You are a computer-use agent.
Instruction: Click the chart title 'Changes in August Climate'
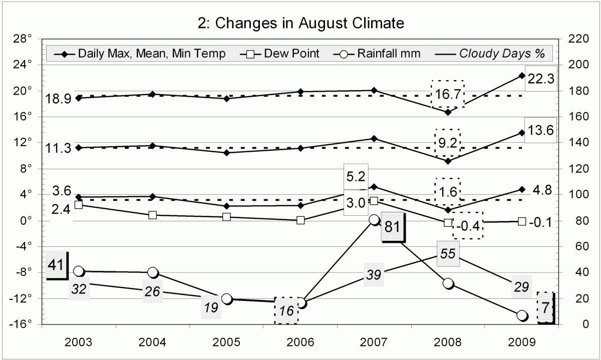click(300, 23)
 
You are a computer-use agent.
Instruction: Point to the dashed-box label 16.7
click(448, 93)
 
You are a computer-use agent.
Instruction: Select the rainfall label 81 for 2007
click(392, 227)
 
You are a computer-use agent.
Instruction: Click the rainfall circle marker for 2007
click(374, 220)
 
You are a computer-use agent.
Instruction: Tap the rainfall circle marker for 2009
click(522, 315)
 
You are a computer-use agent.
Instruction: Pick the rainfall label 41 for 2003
click(57, 264)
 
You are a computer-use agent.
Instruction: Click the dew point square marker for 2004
click(153, 215)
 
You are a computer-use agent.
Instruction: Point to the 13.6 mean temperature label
click(540, 130)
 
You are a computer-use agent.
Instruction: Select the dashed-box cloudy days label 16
click(286, 311)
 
